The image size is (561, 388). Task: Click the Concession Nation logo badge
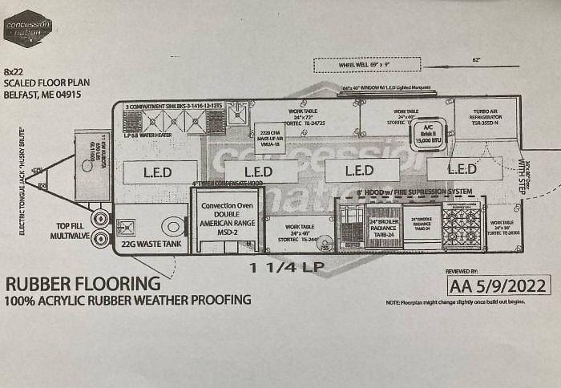pyautogui.click(x=27, y=28)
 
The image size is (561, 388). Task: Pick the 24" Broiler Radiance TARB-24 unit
pyautogui.click(x=383, y=227)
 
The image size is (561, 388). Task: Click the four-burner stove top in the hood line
pyautogui.click(x=461, y=225)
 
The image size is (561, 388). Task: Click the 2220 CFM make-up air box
pyautogui.click(x=269, y=137)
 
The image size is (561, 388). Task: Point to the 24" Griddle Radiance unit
pyautogui.click(x=422, y=227)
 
